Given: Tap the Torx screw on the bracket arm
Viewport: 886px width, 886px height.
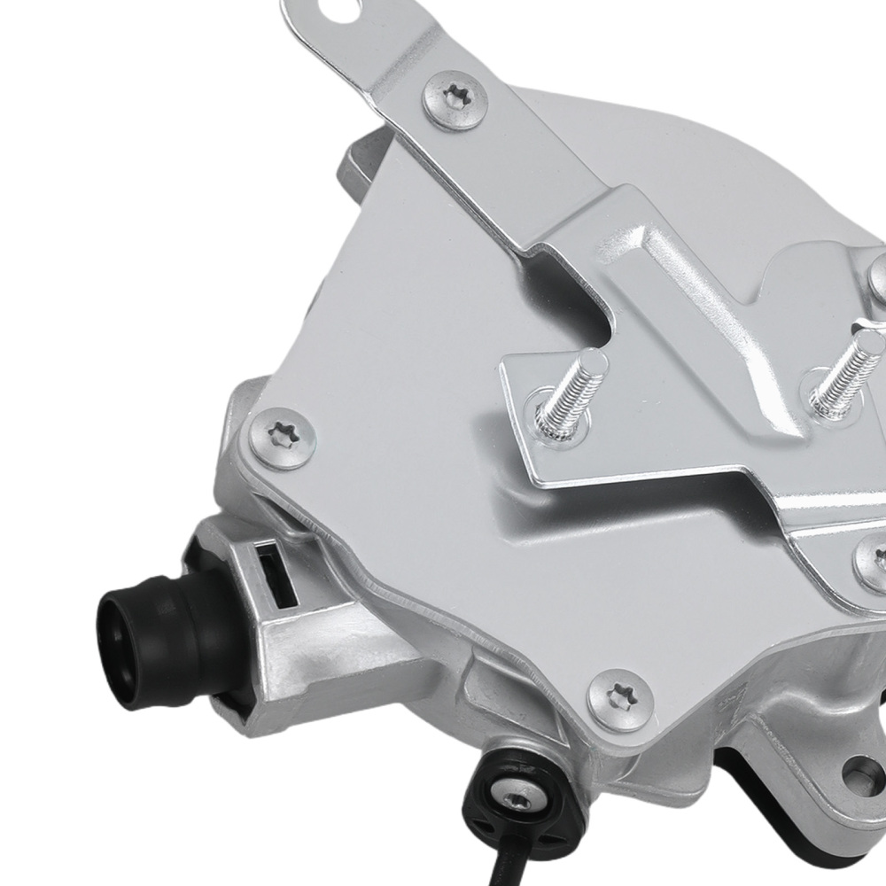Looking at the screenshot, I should click(456, 100).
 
